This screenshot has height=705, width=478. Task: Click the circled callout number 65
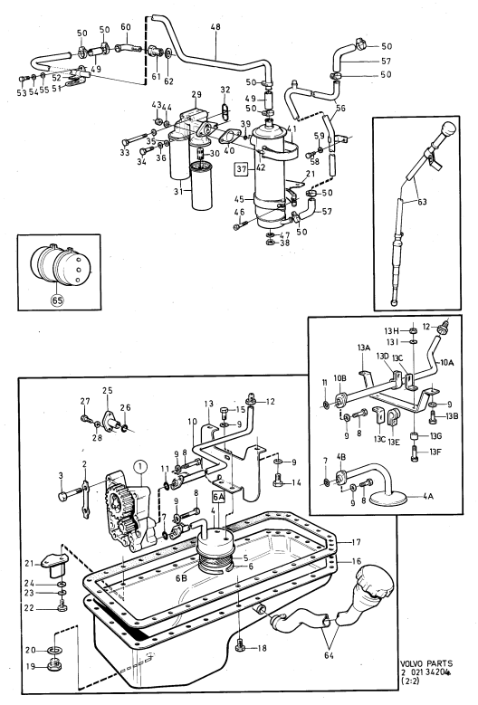click(x=58, y=300)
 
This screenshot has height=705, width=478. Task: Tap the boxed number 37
click(x=242, y=169)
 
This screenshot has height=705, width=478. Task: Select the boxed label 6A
click(x=218, y=497)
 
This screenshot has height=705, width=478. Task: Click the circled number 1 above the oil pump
click(x=140, y=467)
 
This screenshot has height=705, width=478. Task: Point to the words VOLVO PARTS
click(x=426, y=663)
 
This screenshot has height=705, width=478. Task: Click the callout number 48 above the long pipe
click(x=215, y=27)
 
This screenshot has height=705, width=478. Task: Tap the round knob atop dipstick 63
click(x=447, y=130)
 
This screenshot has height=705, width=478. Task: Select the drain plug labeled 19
click(x=55, y=665)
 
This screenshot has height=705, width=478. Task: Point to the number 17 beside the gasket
click(x=356, y=542)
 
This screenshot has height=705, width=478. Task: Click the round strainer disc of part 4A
click(x=388, y=497)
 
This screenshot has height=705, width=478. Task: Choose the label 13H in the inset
click(x=391, y=331)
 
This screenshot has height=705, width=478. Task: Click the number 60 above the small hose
click(x=126, y=27)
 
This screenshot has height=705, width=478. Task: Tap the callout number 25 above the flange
click(x=107, y=390)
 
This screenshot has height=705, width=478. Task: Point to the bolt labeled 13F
click(x=414, y=452)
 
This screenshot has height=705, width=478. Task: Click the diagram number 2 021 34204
click(x=425, y=672)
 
